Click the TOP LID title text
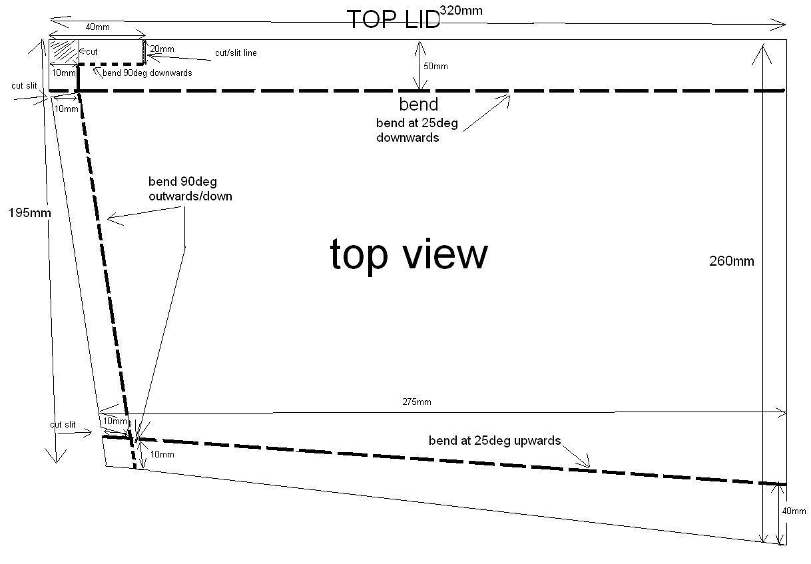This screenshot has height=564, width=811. click(394, 19)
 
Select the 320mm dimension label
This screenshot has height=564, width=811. click(461, 10)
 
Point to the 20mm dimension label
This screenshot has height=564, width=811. click(162, 49)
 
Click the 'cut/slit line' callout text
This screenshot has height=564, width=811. click(236, 53)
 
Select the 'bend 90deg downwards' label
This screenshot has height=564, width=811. click(146, 73)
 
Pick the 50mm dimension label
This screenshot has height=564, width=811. click(436, 66)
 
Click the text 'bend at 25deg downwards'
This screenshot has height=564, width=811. click(416, 131)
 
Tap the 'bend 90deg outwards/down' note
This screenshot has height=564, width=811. click(190, 188)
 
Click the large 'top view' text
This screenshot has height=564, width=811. click(409, 254)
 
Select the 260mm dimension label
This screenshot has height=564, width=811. click(732, 261)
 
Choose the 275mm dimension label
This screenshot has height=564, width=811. click(416, 402)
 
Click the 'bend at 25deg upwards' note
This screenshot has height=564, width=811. click(495, 441)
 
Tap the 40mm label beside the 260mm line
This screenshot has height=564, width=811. click(794, 511)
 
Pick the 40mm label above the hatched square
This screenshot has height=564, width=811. click(98, 27)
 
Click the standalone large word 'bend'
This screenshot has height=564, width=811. click(419, 105)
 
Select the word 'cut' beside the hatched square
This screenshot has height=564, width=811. click(92, 51)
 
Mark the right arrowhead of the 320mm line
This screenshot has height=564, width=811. click(782, 25)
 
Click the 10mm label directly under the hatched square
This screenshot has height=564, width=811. click(63, 73)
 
